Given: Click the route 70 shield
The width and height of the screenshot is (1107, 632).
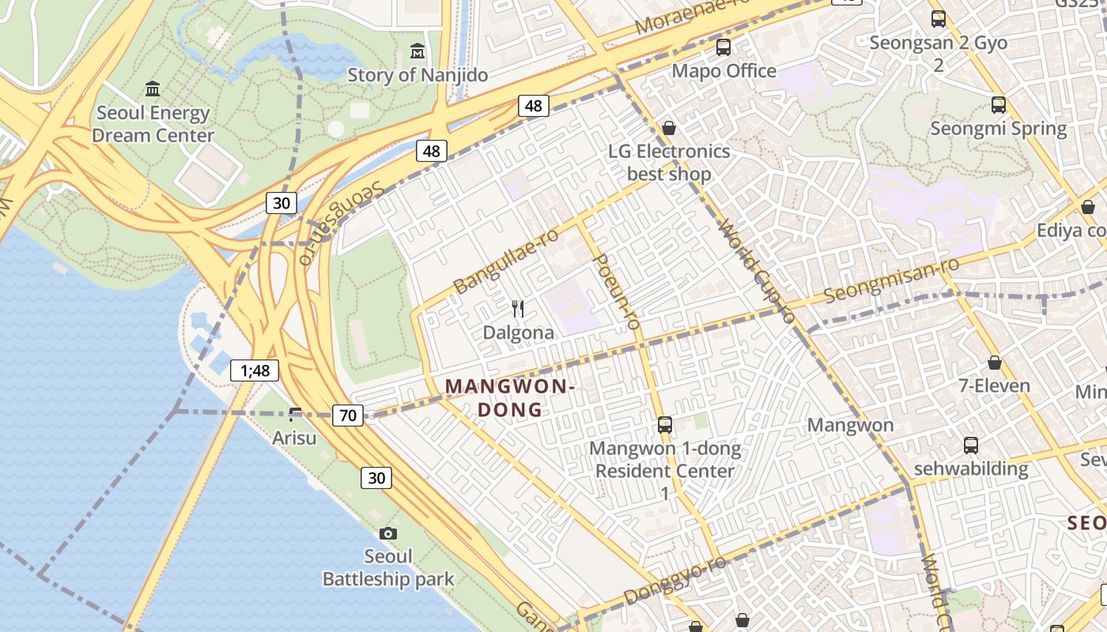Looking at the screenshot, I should (348, 415).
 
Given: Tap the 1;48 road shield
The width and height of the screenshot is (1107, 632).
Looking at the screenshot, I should (255, 370).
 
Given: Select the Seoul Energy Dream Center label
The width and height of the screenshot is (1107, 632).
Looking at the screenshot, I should (153, 124).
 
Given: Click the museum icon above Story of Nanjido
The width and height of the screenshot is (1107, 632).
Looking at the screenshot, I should (417, 52).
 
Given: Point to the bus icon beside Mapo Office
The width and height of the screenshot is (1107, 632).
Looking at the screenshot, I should (723, 47).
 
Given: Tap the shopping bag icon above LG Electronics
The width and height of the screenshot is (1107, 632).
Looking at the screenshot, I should (669, 128).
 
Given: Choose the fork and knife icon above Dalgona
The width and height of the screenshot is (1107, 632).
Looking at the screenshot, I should (518, 309).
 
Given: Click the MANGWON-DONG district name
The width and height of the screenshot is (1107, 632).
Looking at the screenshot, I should (509, 397).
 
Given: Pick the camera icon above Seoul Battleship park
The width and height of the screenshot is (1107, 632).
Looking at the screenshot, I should (387, 533).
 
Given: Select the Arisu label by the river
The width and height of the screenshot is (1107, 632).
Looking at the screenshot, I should (294, 438).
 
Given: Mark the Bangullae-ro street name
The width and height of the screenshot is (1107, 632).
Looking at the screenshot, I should (506, 259).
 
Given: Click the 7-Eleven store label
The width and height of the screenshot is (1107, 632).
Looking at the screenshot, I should (994, 386).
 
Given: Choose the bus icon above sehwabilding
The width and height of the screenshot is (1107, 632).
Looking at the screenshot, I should (970, 446).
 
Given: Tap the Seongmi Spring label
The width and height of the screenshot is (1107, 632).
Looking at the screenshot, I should (998, 128).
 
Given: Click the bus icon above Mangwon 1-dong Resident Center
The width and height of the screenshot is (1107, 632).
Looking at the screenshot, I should (665, 425).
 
